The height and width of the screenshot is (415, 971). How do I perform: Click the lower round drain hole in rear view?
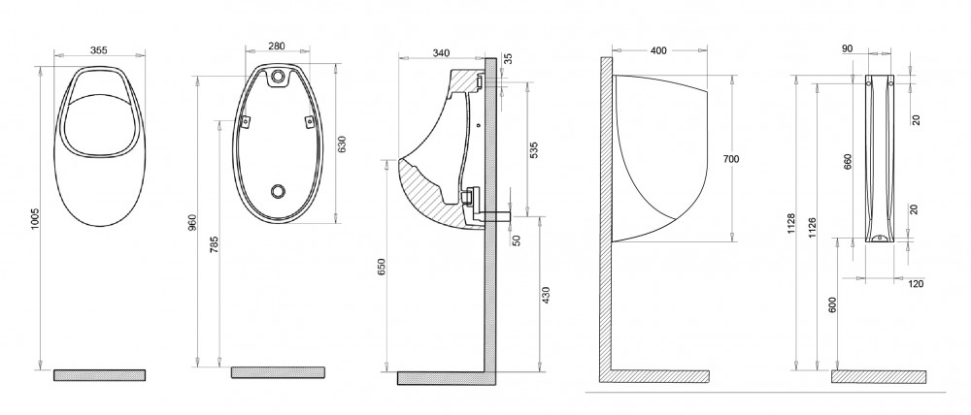tap(280, 191)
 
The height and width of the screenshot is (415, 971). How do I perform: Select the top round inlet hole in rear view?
tap(280, 76)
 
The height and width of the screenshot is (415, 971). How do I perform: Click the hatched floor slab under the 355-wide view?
tap(99, 374)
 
